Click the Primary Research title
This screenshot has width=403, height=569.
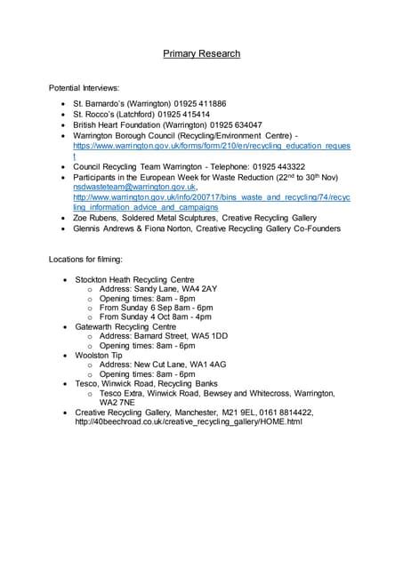pyautogui.click(x=201, y=54)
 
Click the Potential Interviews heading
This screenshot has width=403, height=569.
pyautogui.click(x=83, y=89)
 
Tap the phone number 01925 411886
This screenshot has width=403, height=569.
pyautogui.click(x=197, y=104)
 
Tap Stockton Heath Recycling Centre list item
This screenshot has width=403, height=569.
pyautogui.click(x=134, y=279)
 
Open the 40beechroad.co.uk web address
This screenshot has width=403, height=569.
pyautogui.click(x=189, y=421)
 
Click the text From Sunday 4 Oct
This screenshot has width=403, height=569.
pyautogui.click(x=138, y=317)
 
